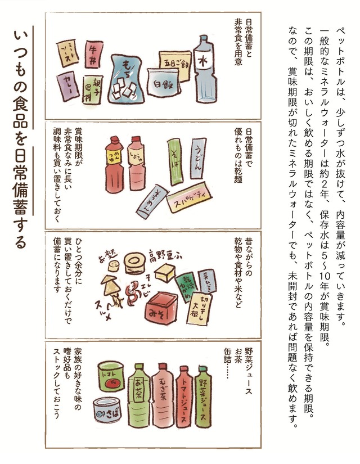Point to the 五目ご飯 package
[x=175, y=59]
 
